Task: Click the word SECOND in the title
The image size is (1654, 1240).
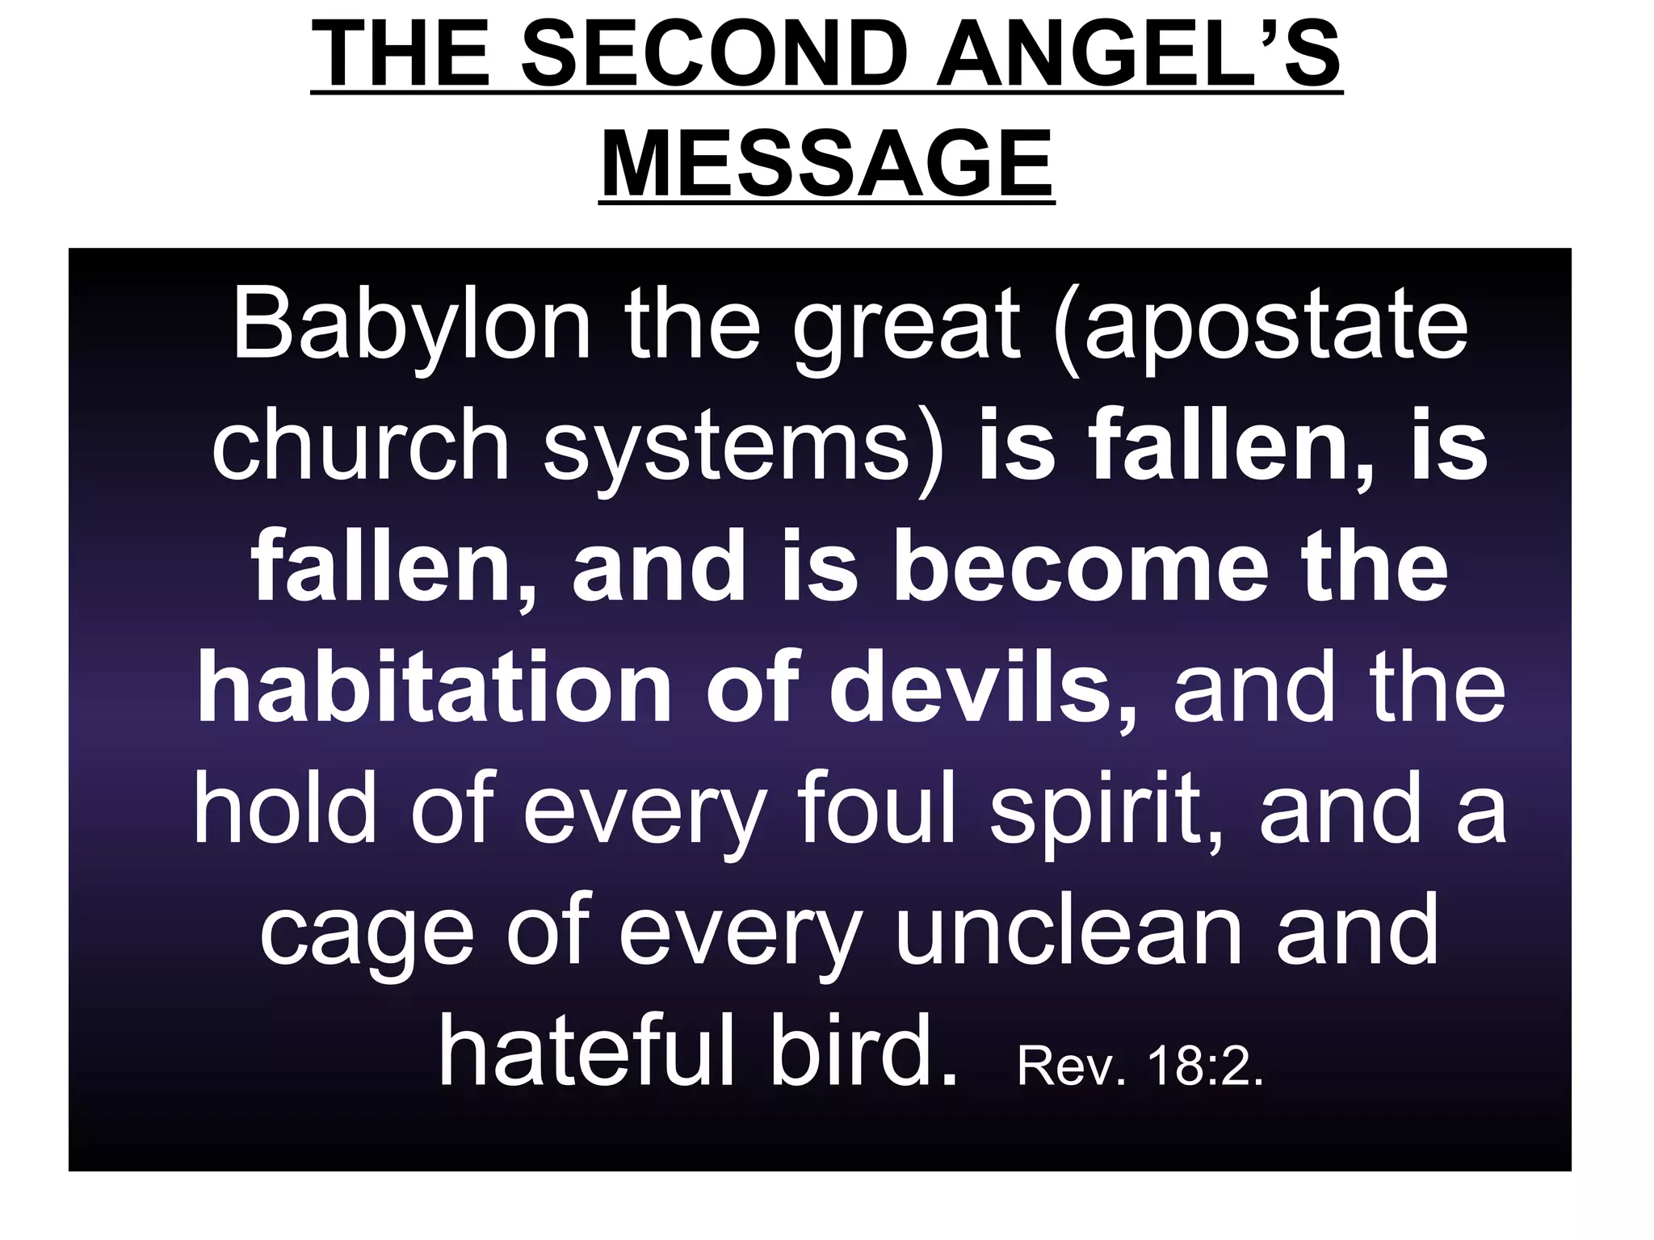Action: [712, 56]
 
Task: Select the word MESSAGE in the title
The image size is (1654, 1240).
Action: [827, 165]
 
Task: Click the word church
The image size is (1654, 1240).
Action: [360, 446]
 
